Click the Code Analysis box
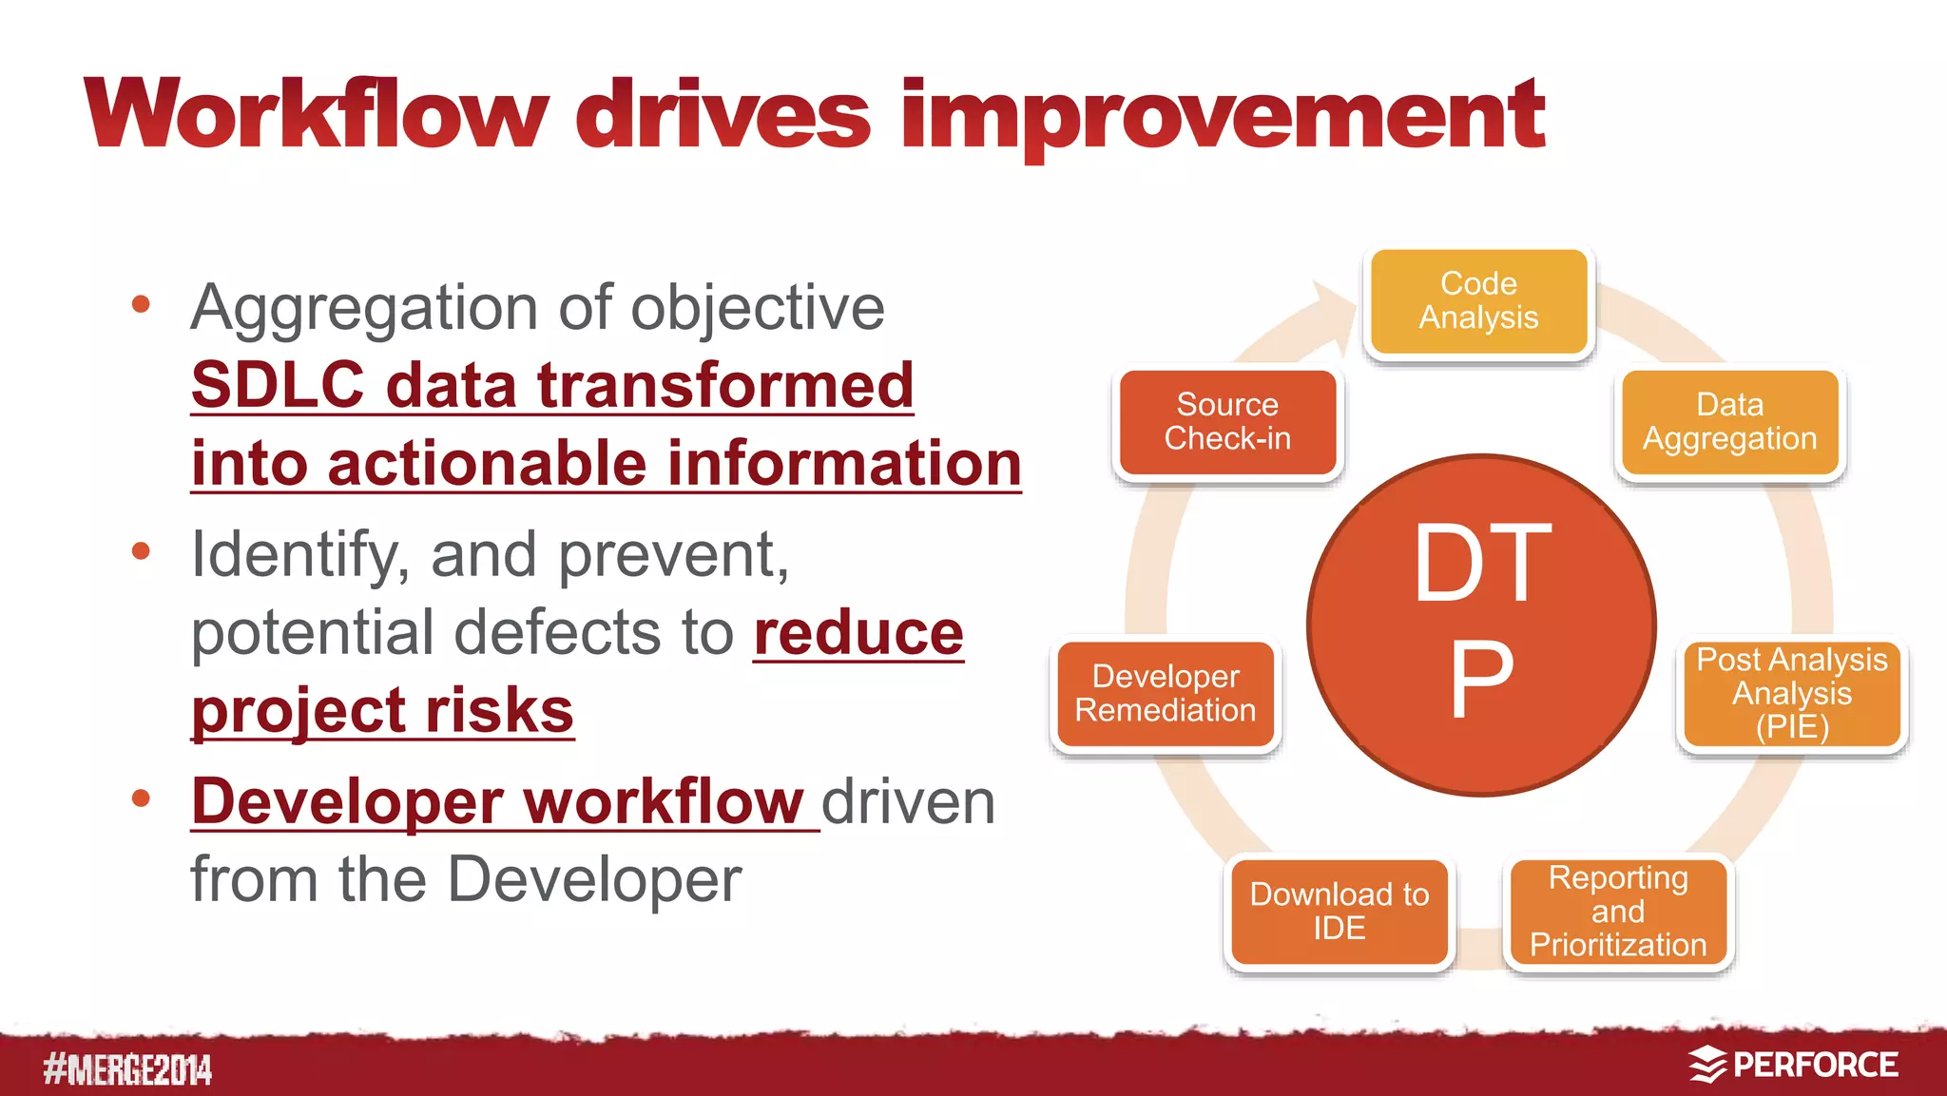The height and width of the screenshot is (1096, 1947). (1478, 301)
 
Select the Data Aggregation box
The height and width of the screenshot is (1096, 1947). (1729, 422)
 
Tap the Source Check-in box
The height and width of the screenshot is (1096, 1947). (1227, 422)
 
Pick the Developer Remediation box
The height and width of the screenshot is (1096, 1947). (1166, 694)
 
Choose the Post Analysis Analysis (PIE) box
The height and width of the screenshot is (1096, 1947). (1791, 694)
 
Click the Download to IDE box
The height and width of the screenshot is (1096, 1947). (1339, 911)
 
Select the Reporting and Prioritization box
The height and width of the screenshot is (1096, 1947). (1618, 911)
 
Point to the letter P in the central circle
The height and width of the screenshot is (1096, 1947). (1480, 679)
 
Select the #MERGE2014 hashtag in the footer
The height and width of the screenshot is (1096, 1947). (127, 1069)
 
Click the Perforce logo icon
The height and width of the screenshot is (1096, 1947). (1707, 1065)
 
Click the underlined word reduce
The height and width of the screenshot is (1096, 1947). (858, 633)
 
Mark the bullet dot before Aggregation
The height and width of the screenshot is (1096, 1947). (142, 305)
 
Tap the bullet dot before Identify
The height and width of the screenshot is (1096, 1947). (142, 551)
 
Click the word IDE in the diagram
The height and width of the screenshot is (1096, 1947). (1339, 928)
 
